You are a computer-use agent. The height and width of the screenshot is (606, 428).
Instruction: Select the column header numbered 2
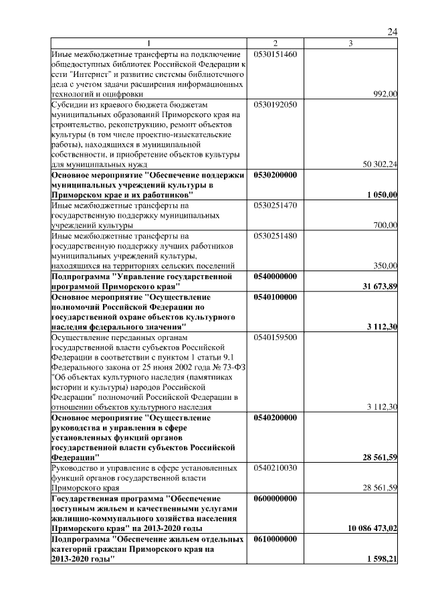[x=275, y=44]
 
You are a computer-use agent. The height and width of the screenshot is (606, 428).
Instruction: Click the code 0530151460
[x=275, y=53]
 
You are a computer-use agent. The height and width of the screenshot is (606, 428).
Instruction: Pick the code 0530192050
[x=275, y=104]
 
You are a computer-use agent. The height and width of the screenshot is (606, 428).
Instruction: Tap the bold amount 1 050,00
[x=382, y=195]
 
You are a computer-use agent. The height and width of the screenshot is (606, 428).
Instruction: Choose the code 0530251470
[x=275, y=205]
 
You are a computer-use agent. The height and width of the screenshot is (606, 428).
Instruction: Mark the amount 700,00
[x=385, y=225]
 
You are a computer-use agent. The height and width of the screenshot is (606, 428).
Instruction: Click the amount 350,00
[x=385, y=266]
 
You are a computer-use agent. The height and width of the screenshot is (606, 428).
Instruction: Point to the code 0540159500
[x=275, y=337]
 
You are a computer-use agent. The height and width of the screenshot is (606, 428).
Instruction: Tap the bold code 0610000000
[x=276, y=538]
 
